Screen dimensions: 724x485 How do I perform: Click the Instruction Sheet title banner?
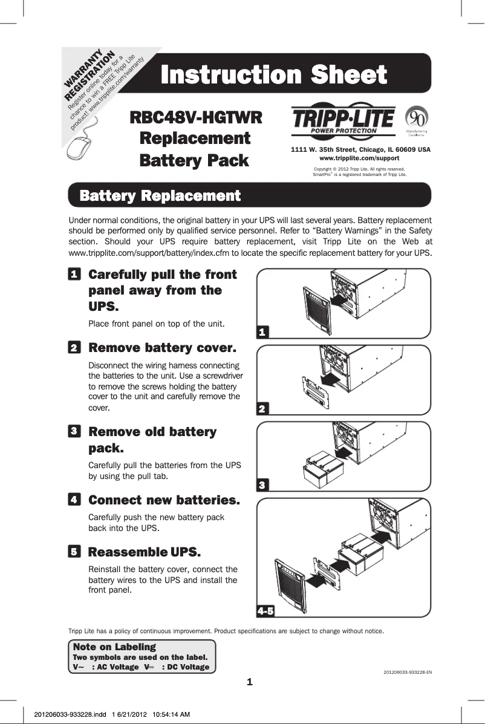273,76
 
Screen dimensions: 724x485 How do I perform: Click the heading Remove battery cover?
162,349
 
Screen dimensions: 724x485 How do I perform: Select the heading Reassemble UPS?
145,552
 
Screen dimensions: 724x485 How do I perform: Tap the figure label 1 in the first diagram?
262,332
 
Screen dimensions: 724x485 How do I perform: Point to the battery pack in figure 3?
324,466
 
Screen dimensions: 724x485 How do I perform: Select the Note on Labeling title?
114,647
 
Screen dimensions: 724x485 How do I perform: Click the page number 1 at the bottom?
249,683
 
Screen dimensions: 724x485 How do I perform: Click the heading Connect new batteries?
164,501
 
